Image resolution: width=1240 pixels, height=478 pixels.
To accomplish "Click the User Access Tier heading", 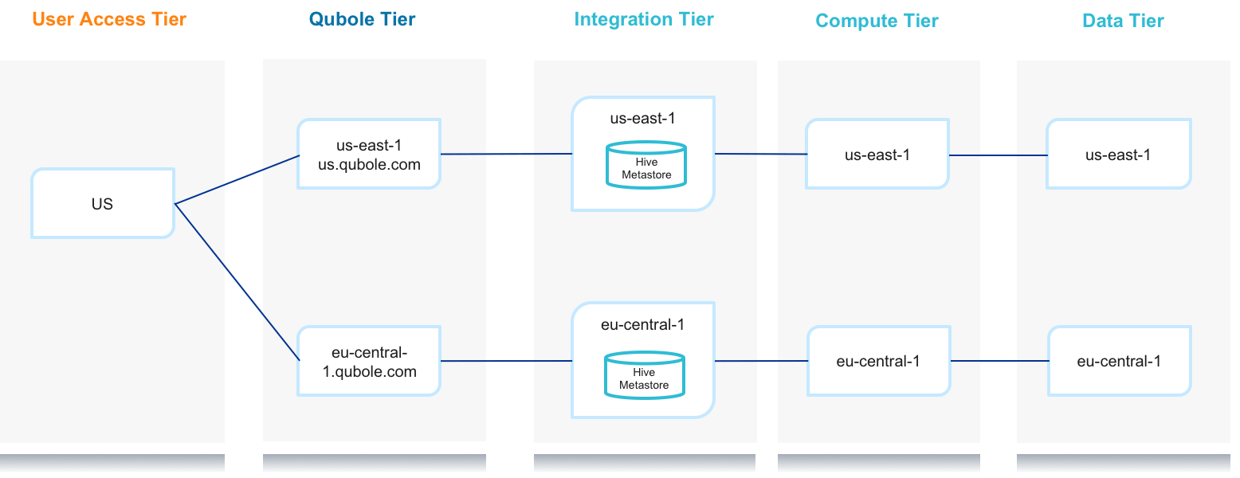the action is (x=109, y=19).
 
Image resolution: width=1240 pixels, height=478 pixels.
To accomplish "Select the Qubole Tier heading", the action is (x=362, y=19).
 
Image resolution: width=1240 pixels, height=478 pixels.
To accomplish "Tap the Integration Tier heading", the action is (x=644, y=20).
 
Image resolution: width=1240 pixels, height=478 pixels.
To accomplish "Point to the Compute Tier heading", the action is (x=877, y=21).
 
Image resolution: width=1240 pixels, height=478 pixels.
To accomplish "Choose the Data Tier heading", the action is (x=1123, y=21).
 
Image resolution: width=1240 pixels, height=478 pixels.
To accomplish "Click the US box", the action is (x=103, y=204).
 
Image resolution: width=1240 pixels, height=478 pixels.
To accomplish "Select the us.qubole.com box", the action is (x=369, y=154).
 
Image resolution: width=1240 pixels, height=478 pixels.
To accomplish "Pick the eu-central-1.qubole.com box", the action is (x=369, y=361).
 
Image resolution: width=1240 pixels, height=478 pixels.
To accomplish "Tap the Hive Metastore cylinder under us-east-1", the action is (x=646, y=166).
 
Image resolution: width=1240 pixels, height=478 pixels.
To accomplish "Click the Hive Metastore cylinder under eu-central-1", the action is (x=645, y=375).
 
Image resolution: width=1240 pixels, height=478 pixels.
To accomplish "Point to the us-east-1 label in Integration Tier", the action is (x=642, y=119).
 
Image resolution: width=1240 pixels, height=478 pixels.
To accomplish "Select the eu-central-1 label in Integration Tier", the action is (x=642, y=325).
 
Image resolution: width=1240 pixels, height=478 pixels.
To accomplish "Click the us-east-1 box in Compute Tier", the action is (x=877, y=154).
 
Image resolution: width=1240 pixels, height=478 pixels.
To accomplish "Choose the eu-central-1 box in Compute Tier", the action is (x=879, y=361).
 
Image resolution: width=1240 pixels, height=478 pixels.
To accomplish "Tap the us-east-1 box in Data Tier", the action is (x=1119, y=154).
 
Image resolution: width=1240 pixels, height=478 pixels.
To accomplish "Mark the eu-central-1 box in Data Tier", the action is (x=1120, y=361).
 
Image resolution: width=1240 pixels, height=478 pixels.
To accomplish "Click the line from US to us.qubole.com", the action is (x=237, y=180).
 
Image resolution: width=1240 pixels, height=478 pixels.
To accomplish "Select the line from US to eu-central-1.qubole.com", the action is (x=237, y=282).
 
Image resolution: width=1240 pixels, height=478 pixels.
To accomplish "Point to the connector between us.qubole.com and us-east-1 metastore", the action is (x=507, y=154).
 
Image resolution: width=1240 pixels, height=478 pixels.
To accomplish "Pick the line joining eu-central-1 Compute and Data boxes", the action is (x=1000, y=361).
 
